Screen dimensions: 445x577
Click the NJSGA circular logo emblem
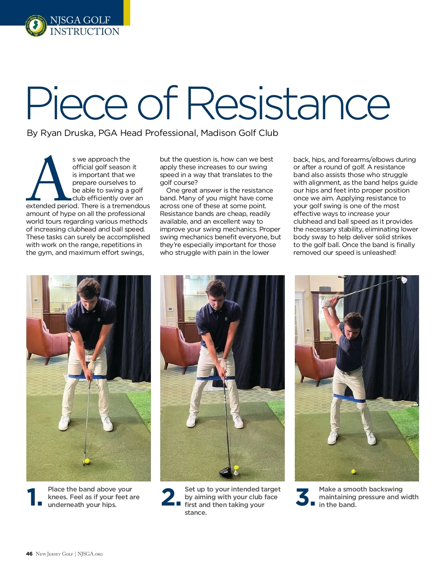(x=36, y=26)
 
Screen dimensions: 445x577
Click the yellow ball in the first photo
(x=87, y=461)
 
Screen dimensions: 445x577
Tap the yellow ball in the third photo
(x=353, y=471)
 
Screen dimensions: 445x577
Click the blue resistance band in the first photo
(x=87, y=377)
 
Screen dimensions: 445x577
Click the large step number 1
(x=34, y=497)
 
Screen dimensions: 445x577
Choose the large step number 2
(x=171, y=497)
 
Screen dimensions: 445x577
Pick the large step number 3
(x=305, y=497)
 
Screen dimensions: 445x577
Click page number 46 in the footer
(x=29, y=554)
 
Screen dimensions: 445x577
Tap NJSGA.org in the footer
(x=90, y=554)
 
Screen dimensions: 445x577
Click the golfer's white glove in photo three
(x=327, y=302)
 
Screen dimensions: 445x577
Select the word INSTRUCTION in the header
(x=85, y=31)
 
